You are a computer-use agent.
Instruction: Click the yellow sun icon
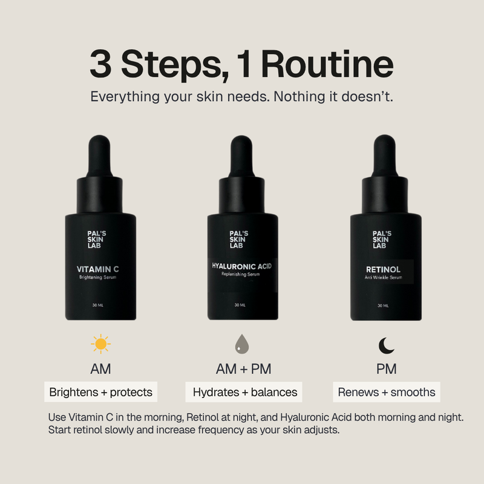tap(100, 344)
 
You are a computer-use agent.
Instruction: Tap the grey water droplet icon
tap(241, 344)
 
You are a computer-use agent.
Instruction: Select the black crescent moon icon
tap(386, 345)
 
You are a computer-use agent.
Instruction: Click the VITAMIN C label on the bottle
tap(98, 269)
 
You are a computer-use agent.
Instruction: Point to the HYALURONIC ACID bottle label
tap(241, 266)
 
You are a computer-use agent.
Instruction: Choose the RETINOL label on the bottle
tap(384, 269)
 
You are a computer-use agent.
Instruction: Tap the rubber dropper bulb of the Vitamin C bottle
tap(99, 155)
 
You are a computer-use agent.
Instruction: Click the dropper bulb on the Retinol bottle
tap(385, 155)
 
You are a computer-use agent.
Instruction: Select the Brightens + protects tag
tap(100, 392)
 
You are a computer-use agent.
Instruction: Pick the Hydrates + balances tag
tap(244, 392)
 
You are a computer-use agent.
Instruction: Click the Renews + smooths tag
tap(387, 392)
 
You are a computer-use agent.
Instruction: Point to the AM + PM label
tap(244, 369)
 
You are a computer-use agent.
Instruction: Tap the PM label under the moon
tap(386, 369)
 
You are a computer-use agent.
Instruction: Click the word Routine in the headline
tap(327, 64)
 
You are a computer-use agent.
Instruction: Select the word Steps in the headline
tap(175, 65)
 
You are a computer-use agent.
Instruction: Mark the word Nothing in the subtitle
tap(299, 97)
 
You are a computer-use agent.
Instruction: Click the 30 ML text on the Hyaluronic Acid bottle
tap(240, 305)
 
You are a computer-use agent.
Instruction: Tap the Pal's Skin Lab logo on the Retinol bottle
tap(382, 240)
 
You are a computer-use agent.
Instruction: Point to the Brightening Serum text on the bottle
tap(98, 277)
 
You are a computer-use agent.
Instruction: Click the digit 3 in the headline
tap(100, 64)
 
